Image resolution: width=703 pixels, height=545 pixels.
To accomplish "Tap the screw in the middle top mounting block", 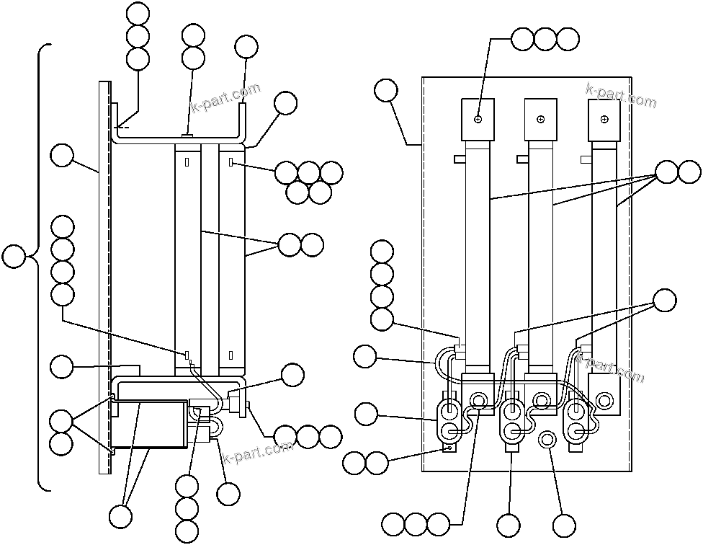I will coord(541,119).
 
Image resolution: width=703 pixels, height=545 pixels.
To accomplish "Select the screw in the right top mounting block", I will coord(604,119).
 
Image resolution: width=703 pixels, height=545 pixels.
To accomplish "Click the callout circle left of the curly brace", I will coord(14,256).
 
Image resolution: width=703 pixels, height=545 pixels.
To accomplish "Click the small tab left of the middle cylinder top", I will coord(522,158).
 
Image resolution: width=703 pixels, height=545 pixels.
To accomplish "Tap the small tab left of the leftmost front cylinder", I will coord(460,158).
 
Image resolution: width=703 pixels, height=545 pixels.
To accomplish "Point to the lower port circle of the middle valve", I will coord(513,431).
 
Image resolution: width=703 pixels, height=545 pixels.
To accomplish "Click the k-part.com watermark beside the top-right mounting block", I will coord(621,96).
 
